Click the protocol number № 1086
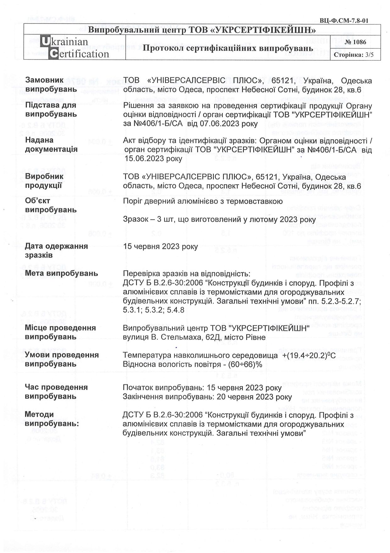pos(355,42)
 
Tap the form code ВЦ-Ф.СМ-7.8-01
pos(344,21)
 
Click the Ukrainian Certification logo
pos(75,48)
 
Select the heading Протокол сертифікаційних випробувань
pos(228,48)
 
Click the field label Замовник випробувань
pos(51,85)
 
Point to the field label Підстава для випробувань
pos(51,109)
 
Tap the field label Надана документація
pos(51,145)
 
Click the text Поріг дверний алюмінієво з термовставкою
pos(203,201)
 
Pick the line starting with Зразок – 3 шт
pos(219,219)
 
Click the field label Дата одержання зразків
pos(56,251)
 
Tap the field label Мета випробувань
pos(61,273)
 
